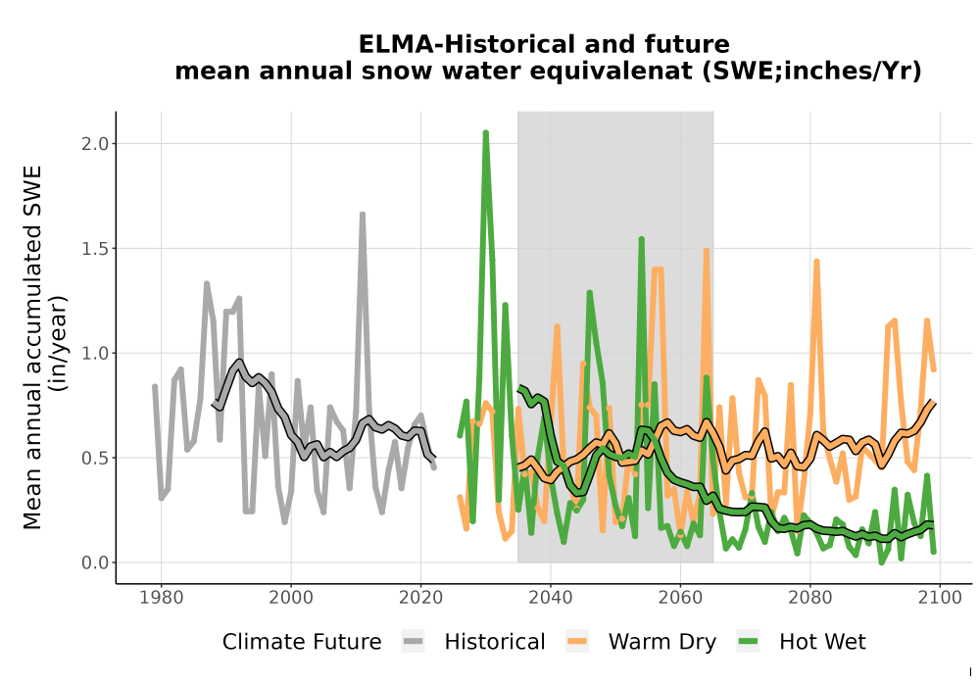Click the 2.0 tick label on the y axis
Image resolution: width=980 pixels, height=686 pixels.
(94, 144)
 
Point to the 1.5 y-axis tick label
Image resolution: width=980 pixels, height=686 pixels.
(94, 249)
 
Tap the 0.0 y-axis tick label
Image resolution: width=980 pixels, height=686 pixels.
(94, 563)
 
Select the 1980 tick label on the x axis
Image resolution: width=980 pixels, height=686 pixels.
(162, 597)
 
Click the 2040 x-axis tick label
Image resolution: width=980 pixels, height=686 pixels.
(551, 597)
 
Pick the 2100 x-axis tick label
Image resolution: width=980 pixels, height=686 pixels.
(940, 597)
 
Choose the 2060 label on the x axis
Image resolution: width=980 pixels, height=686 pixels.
(680, 597)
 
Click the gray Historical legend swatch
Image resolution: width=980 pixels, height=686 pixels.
(414, 642)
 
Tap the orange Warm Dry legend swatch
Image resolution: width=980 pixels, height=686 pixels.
(577, 642)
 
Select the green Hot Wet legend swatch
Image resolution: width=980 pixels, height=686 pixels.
(748, 642)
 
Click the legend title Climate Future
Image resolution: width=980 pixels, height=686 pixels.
(302, 642)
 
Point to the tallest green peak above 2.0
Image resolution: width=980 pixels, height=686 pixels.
(486, 132)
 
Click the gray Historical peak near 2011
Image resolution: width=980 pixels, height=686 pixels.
(363, 215)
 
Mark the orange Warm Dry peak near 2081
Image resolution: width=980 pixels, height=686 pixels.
(816, 261)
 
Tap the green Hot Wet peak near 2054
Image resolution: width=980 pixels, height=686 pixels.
(641, 239)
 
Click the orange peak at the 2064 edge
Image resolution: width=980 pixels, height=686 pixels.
(707, 251)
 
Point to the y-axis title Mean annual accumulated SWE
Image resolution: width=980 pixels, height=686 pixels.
(32, 347)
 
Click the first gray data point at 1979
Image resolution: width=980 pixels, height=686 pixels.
(155, 387)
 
